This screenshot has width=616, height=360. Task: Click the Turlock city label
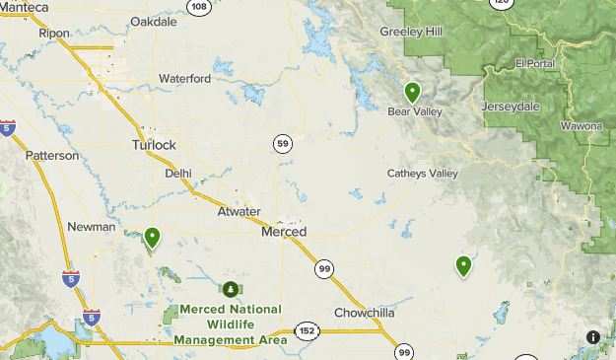click(154, 145)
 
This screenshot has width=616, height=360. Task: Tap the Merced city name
click(284, 232)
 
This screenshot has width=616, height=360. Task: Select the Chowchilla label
click(364, 313)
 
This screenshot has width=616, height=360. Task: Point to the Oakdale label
click(153, 21)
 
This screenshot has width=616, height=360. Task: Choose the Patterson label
click(52, 156)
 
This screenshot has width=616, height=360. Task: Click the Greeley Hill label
click(412, 32)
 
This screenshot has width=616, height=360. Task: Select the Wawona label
click(582, 127)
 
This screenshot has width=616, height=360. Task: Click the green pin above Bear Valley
click(412, 93)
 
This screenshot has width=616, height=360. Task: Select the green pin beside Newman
click(152, 237)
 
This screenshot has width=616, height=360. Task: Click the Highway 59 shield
click(283, 144)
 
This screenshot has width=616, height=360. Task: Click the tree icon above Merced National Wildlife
click(230, 289)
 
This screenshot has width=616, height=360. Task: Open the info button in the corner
click(593, 337)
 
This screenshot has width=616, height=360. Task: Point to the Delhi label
click(178, 173)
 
